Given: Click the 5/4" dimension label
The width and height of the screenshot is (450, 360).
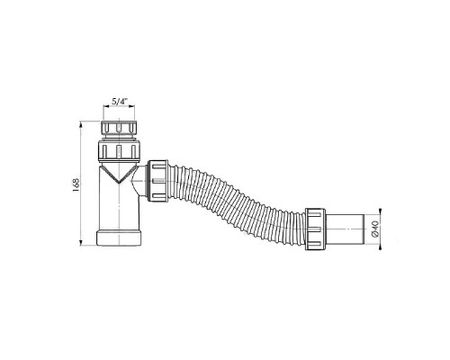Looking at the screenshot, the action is tap(119, 102).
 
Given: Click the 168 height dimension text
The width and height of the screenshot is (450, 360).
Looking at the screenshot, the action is tap(76, 184).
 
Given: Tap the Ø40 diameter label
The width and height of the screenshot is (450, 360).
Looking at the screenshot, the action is tap(375, 229).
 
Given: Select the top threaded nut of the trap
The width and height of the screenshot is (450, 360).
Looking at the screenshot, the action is tap(119, 128).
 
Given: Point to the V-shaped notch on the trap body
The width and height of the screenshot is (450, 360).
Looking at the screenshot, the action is tap(119, 174).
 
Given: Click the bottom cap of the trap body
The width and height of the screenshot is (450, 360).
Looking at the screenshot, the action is tap(119, 238).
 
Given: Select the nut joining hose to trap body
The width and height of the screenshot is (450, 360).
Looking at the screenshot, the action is tap(157, 181).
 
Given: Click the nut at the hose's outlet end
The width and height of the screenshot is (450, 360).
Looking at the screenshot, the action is tap(316, 229).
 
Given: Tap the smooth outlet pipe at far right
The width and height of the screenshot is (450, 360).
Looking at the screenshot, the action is tap(345, 229).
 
